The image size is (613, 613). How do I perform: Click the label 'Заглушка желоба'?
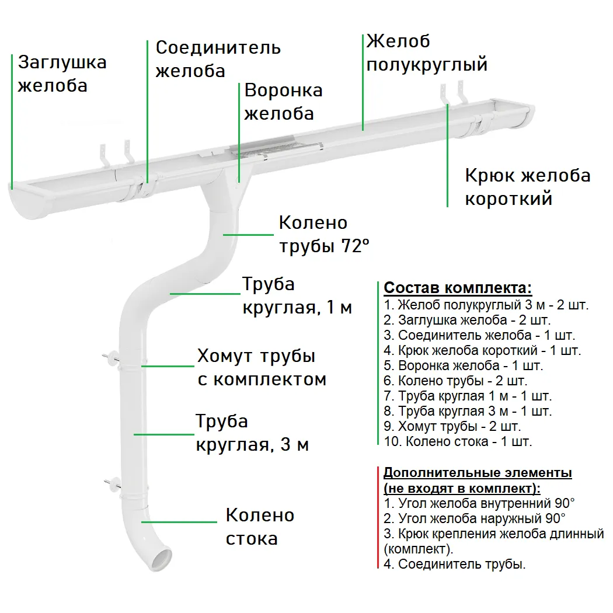click(62, 74)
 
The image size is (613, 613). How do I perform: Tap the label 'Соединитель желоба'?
click(218, 59)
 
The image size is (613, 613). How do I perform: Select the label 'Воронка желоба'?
click(283, 102)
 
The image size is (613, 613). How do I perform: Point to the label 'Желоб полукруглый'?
click(426, 53)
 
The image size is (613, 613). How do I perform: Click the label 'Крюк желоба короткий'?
click(527, 187)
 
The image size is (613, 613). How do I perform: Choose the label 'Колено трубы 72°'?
click(324, 234)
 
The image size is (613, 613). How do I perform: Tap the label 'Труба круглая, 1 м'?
click(297, 296)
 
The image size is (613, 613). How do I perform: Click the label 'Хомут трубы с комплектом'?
click(261, 367)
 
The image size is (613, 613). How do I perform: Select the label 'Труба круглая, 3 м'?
click(252, 433)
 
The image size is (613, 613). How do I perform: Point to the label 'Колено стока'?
click(260, 526)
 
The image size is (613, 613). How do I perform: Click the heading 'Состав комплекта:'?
click(458, 288)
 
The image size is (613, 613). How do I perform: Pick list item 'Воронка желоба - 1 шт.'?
click(464, 366)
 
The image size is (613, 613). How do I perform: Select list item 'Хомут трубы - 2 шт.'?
click(452, 426)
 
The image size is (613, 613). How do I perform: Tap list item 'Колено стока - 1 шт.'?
click(458, 441)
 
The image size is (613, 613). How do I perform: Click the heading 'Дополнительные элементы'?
click(478, 472)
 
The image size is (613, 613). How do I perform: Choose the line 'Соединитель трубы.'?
click(455, 564)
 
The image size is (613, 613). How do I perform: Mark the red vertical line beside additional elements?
click(378, 518)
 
